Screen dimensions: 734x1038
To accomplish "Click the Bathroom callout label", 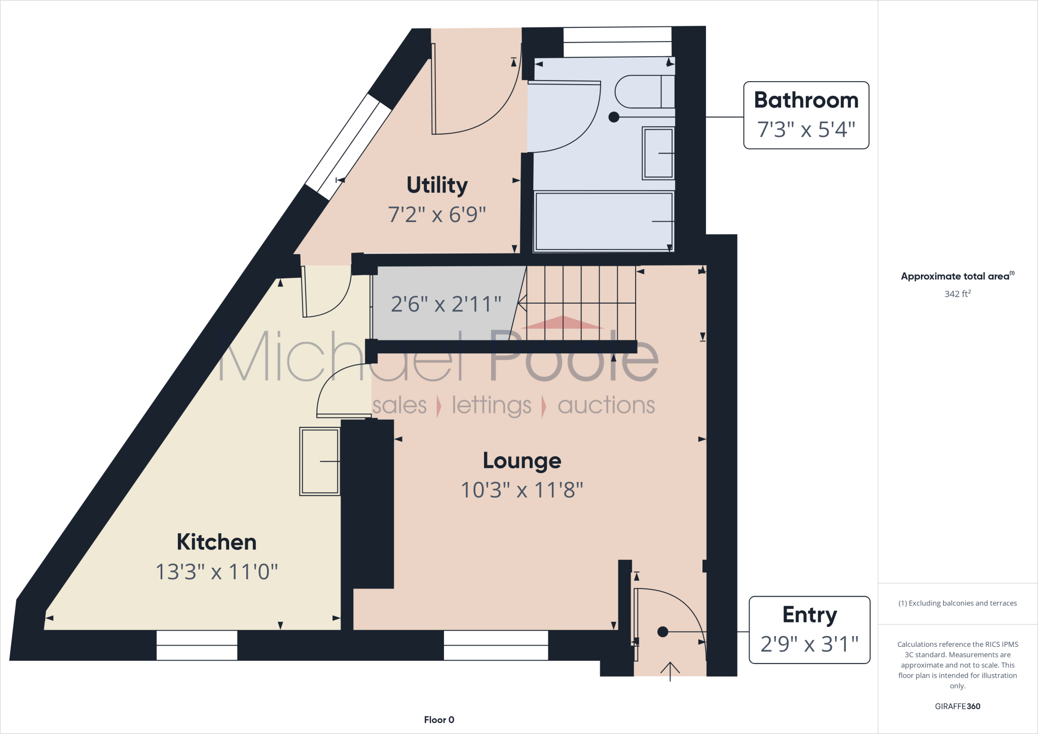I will pos(806,115).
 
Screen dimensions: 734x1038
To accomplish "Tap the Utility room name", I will pos(437,185).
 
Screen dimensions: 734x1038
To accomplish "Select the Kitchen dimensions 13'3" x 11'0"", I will pos(216,572).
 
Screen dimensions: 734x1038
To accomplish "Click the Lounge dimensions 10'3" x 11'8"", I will pos(522,490).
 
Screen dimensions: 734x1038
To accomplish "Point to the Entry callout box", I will pos(809,630).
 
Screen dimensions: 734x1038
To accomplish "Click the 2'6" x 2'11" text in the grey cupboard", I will pos(446,304).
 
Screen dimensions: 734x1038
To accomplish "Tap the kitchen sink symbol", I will pos(319,461).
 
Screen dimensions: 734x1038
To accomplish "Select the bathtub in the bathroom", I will pos(603,222).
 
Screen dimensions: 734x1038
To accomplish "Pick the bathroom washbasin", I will pos(658,153).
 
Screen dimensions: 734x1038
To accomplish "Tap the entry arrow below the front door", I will pos(670,671).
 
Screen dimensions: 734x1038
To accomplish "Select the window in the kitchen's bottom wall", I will pos(197,645).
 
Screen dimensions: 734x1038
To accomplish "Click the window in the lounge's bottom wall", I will pos(496,645).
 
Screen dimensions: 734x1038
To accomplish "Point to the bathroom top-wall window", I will pos(617,42).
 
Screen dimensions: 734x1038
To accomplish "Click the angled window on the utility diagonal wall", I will pos(349,147).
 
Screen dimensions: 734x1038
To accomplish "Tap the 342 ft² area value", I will pos(957,294).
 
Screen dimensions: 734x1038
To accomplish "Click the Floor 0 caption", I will pos(439,720).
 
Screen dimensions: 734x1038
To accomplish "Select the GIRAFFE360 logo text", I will pos(957,706).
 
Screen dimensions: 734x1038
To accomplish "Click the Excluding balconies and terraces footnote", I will pos(957,603).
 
